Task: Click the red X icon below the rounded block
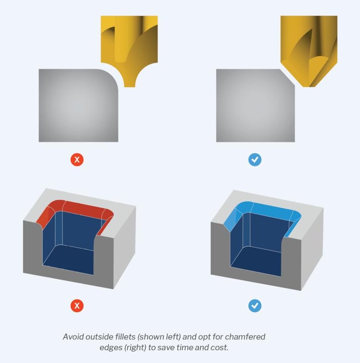[x=77, y=159]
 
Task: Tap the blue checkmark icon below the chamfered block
[x=255, y=159]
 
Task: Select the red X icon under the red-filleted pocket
[x=77, y=306]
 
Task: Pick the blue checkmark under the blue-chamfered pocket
[x=255, y=306]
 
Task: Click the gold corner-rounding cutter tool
[x=129, y=46]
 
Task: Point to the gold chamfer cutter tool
[x=309, y=46]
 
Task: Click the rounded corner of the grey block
[x=112, y=76]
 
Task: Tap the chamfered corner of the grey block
[x=288, y=77]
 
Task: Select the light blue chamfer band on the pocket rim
[x=266, y=208]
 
